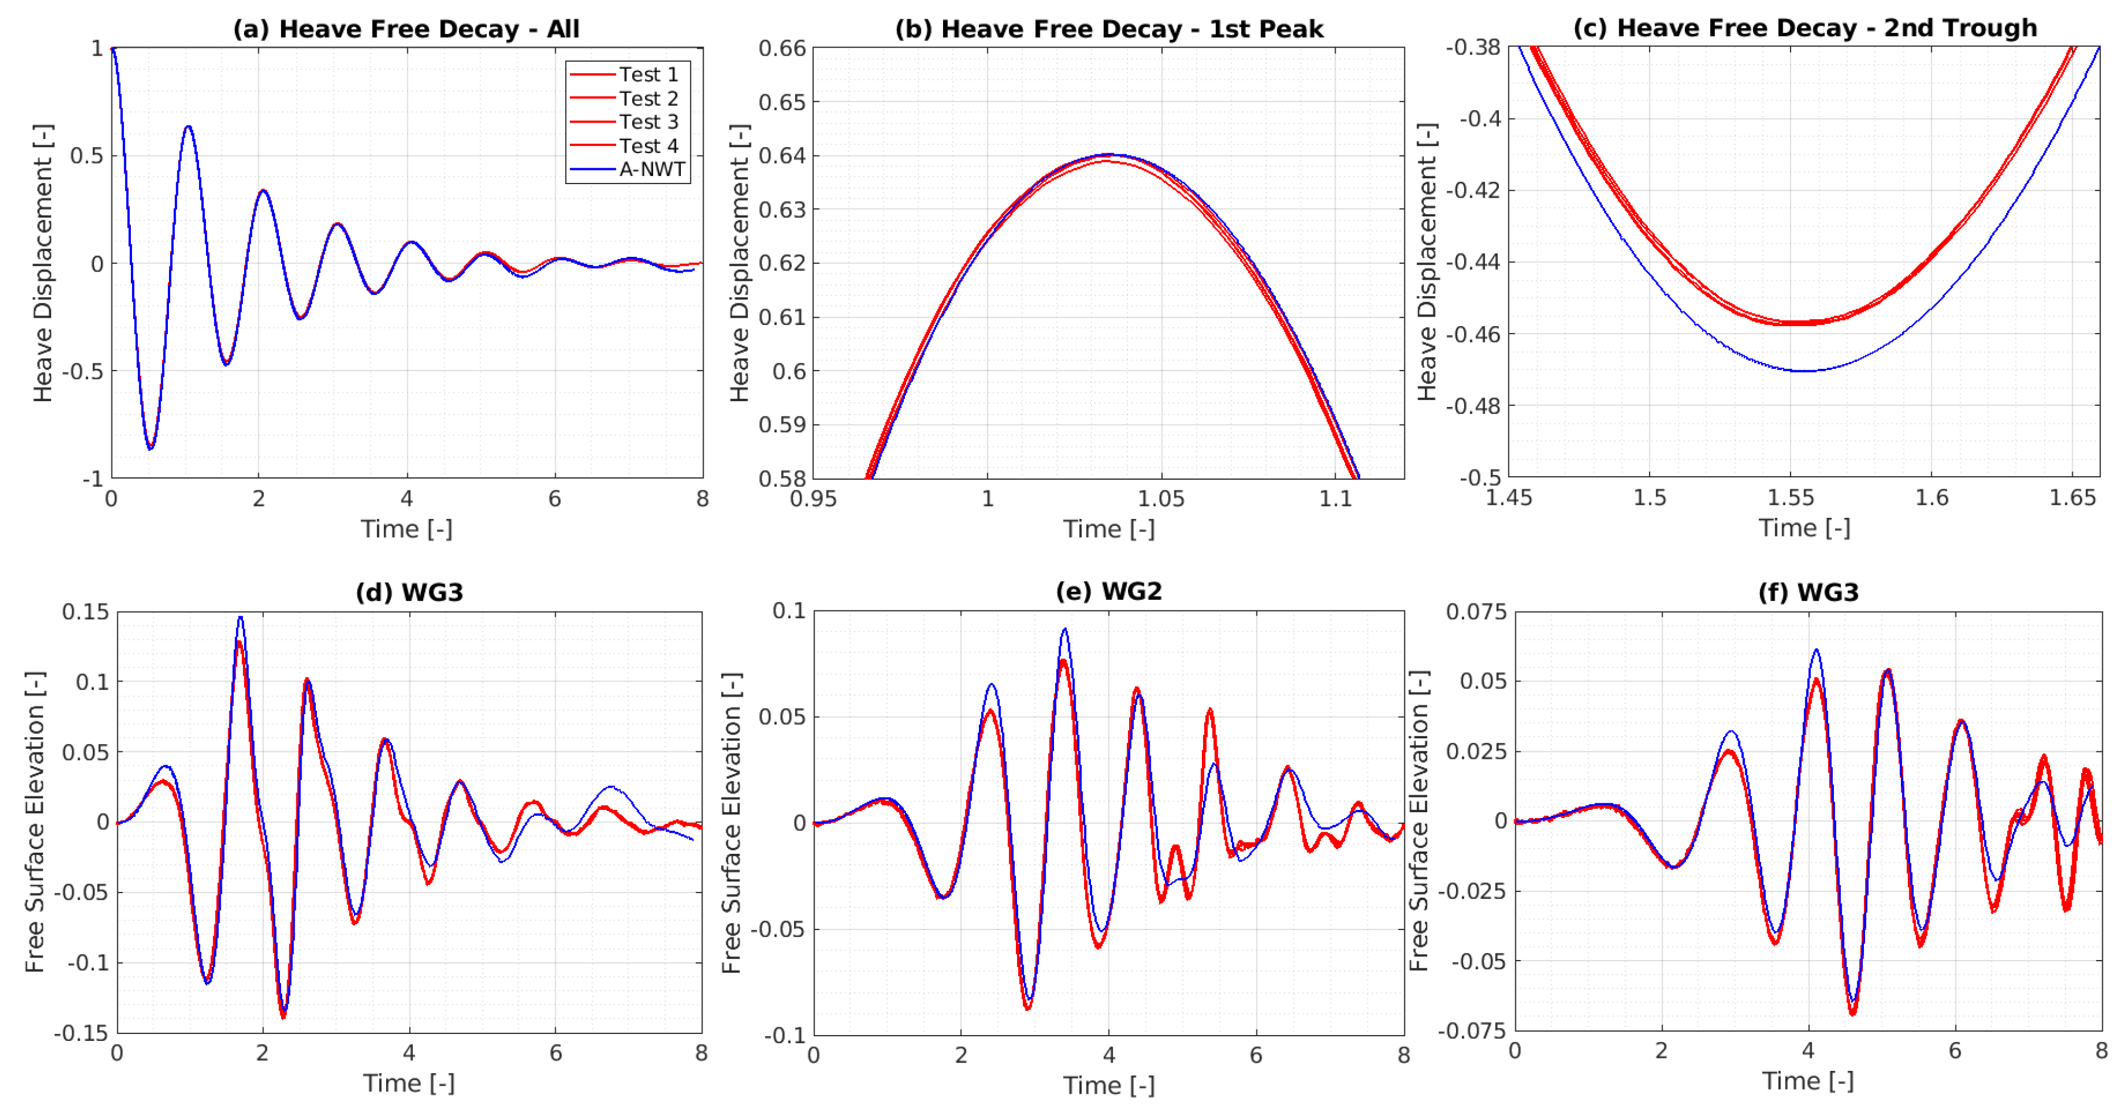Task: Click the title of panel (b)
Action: (x=1109, y=29)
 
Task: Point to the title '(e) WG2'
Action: (x=1109, y=591)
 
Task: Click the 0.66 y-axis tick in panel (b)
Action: (x=782, y=49)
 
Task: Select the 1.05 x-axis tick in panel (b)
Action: (x=1161, y=499)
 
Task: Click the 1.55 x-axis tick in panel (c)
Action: (x=1791, y=497)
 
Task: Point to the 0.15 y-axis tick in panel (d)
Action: (x=86, y=612)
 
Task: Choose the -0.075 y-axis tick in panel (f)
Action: (x=1472, y=1030)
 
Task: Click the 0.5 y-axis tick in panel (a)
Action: (x=87, y=155)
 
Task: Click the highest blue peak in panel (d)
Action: (x=240, y=617)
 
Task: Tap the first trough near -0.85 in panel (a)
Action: (x=150, y=448)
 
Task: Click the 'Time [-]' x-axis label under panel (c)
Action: (x=1804, y=528)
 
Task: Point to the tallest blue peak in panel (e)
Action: (x=1065, y=629)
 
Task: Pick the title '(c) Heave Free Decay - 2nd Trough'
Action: (x=1805, y=28)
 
